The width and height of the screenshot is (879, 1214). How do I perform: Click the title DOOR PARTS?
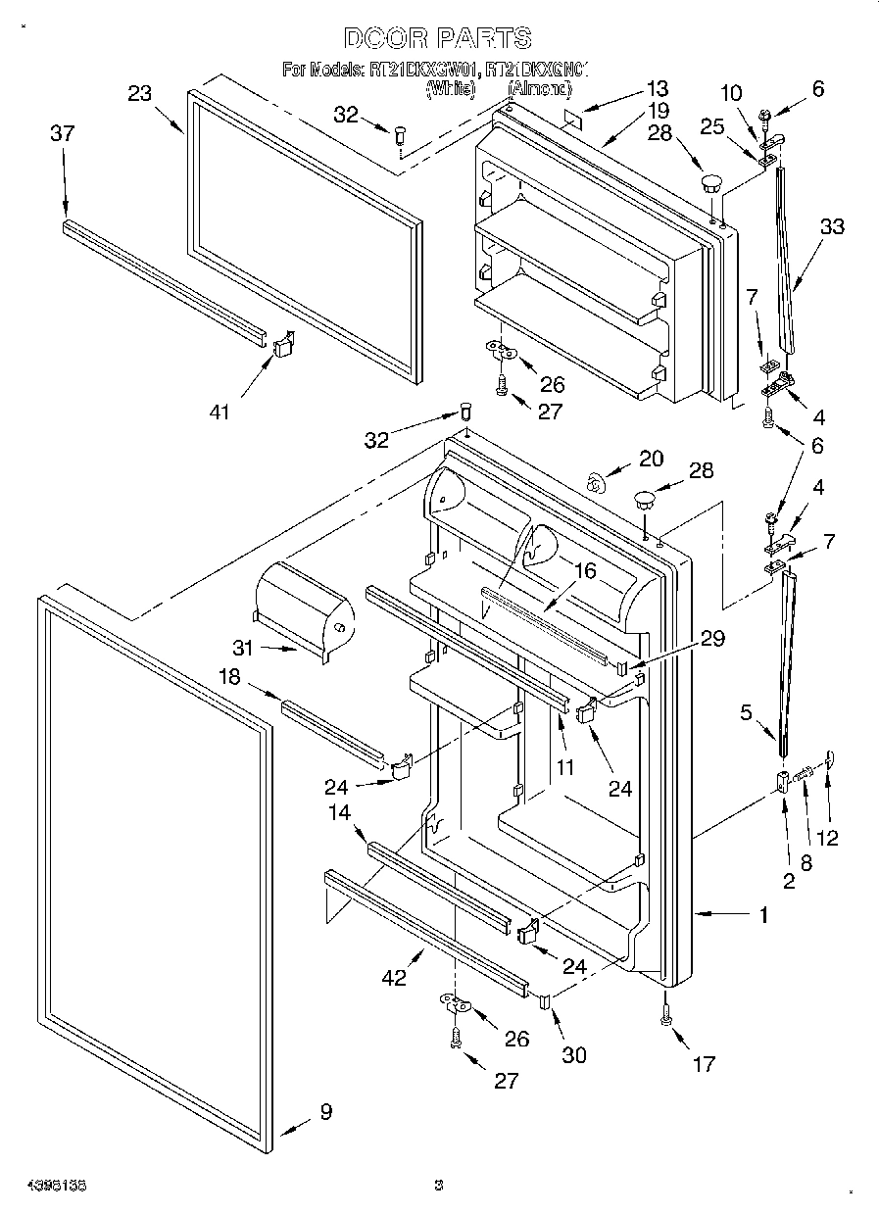[x=438, y=38]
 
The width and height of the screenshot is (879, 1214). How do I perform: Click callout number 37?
[x=62, y=133]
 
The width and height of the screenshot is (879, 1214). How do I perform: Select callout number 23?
[x=140, y=93]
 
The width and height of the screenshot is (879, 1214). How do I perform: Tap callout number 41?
[x=219, y=412]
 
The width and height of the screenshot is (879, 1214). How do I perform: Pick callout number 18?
[x=228, y=675]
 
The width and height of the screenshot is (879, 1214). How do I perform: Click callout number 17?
[x=703, y=1063]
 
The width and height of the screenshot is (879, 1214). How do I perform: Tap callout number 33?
[x=832, y=226]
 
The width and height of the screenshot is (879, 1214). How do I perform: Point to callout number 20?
[x=651, y=458]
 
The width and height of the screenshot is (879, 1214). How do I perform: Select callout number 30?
[x=573, y=1054]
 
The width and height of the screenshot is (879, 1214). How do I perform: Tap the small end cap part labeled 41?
[x=284, y=344]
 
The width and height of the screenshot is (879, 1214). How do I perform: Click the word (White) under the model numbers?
[x=450, y=89]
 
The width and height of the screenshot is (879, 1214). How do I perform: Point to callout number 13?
[x=656, y=87]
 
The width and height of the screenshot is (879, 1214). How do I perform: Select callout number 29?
[x=711, y=639]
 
